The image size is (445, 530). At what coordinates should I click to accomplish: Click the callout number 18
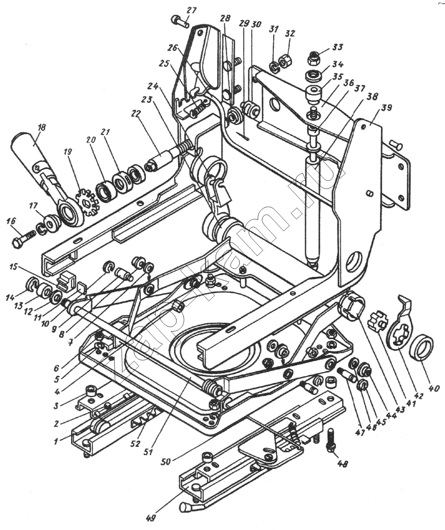tap(42, 128)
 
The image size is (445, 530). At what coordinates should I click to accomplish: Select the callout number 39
tap(386, 108)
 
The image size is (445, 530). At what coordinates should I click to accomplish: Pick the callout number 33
tap(338, 48)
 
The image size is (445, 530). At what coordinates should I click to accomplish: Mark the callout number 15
tap(13, 267)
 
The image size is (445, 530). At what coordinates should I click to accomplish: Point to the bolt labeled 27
tap(181, 21)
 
